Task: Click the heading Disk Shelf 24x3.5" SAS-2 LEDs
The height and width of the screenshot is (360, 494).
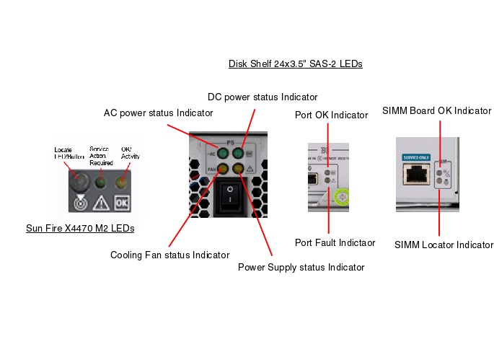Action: pos(295,64)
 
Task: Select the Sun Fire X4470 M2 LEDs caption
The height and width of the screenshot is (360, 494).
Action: pos(80,229)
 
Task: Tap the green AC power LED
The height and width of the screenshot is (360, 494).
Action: pos(224,154)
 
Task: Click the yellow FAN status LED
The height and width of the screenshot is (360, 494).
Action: pos(224,170)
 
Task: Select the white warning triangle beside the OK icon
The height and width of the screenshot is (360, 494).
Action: pos(100,203)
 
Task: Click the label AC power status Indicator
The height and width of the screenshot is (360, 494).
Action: pos(158,113)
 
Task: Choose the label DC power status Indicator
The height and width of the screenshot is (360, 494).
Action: pos(263,97)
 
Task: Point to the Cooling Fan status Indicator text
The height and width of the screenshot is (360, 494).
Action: pos(169,255)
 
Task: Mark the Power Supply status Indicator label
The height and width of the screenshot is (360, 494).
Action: pos(301,268)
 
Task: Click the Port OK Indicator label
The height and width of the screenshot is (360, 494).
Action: pos(330,115)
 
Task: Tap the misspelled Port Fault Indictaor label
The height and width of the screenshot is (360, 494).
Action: pos(335,243)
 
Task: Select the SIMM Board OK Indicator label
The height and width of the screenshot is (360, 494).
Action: pos(436,111)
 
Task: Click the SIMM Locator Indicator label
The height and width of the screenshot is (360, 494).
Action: pos(444,245)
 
